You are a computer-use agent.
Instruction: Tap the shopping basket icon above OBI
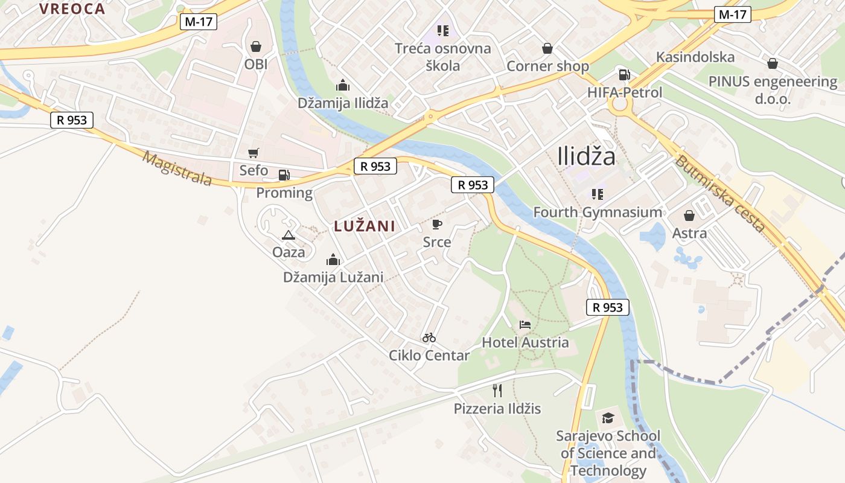click(x=256, y=46)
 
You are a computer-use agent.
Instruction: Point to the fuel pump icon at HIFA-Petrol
click(x=624, y=75)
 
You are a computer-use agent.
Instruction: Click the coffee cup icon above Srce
click(x=437, y=225)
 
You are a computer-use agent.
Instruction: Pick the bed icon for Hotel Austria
click(x=525, y=325)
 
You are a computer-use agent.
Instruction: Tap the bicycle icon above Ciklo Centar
click(x=429, y=337)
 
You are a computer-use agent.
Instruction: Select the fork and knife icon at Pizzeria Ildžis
click(x=497, y=391)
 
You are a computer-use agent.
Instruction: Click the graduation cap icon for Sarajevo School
click(x=608, y=418)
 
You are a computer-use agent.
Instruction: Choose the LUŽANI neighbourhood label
click(x=365, y=226)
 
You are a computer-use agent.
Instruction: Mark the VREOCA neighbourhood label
click(x=72, y=9)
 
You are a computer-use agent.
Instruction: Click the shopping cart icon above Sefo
click(x=253, y=153)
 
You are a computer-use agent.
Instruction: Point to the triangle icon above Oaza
click(x=288, y=235)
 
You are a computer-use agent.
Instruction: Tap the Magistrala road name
click(x=178, y=168)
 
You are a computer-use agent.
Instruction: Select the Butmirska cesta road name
click(x=720, y=193)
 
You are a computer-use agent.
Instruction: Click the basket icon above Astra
click(x=689, y=216)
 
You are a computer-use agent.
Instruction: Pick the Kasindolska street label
click(x=695, y=57)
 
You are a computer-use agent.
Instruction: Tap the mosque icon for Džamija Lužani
click(x=333, y=260)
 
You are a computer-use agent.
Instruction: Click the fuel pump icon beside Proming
click(x=284, y=175)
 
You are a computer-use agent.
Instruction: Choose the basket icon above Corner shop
click(x=547, y=48)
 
